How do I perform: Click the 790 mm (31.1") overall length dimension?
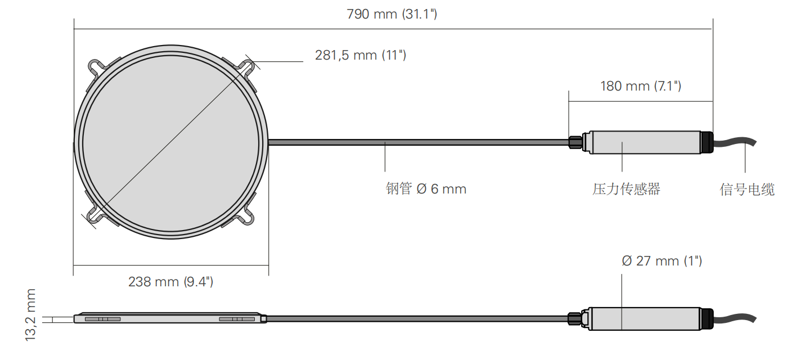pos(392,14)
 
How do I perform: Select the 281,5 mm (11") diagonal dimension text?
pos(361,55)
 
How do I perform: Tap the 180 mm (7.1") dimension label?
pos(640,86)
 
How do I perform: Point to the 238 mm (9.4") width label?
pos(170,282)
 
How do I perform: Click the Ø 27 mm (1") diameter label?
pos(662,261)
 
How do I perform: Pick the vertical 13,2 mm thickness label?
pos(30,315)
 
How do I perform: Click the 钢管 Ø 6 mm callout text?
pos(426,188)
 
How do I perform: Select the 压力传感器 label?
pos(626,189)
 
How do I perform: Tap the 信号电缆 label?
pos(747,190)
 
